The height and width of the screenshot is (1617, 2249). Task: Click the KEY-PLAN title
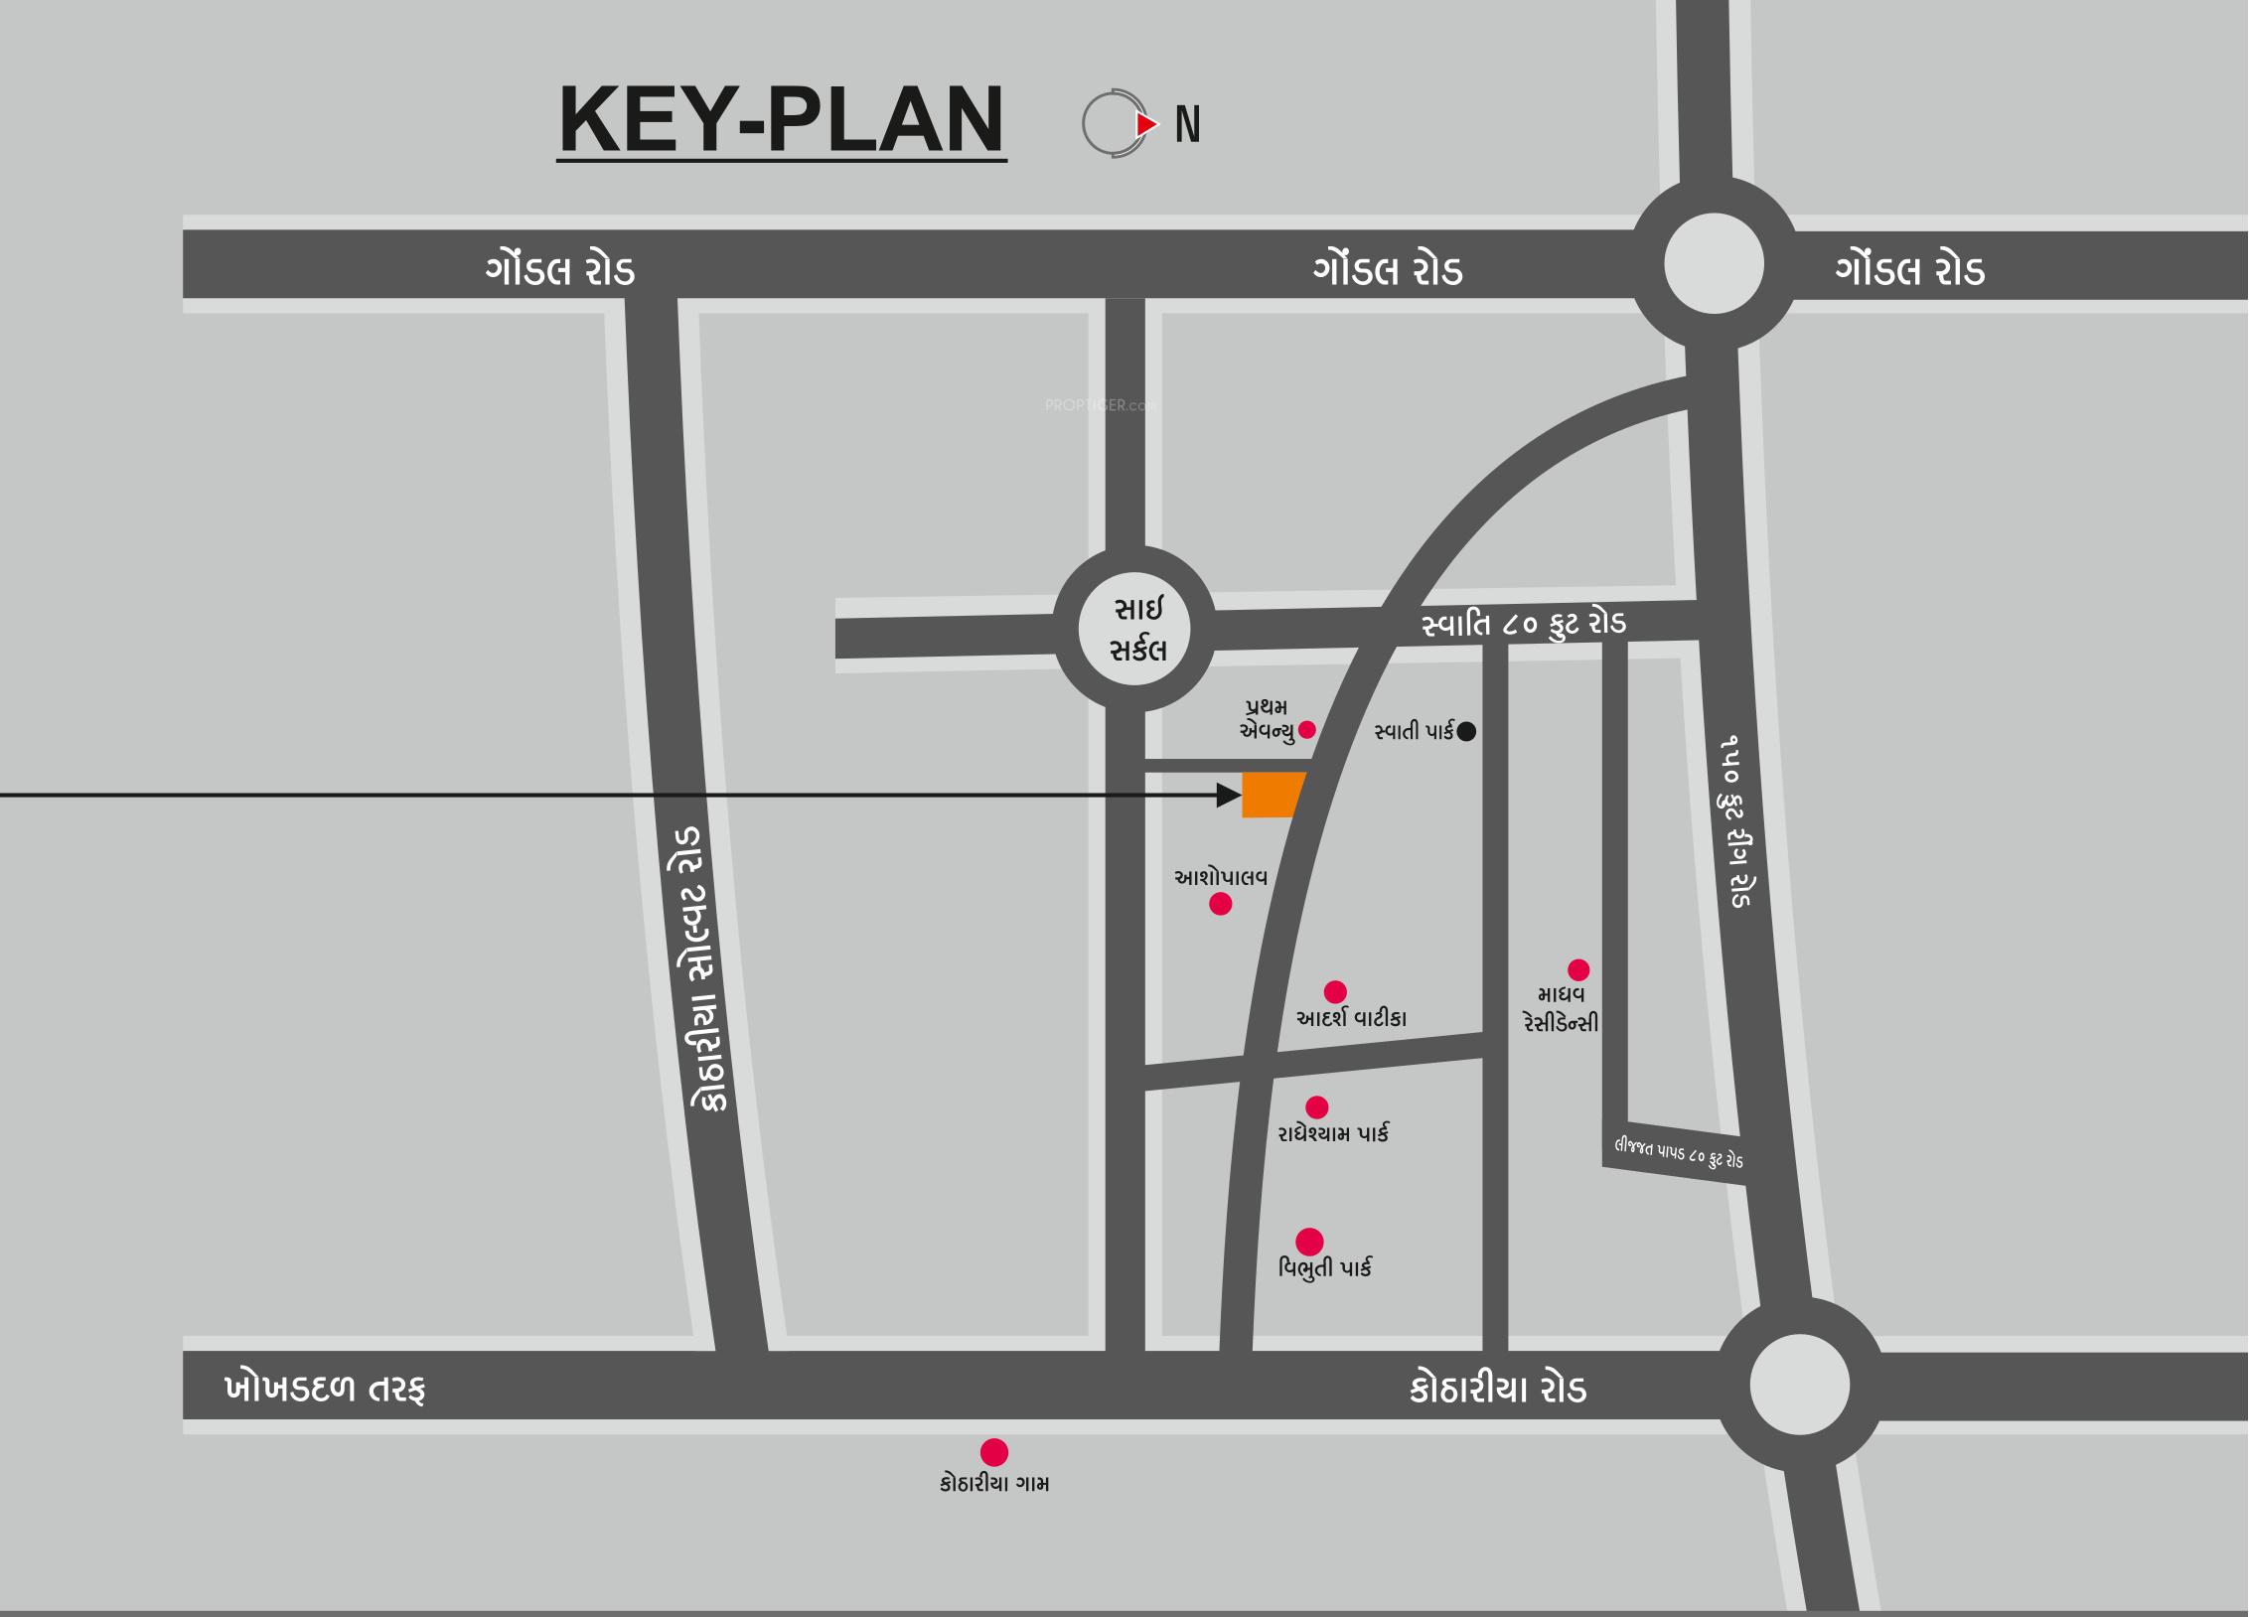[x=782, y=120]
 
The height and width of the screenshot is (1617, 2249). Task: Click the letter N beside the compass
[x=1188, y=125]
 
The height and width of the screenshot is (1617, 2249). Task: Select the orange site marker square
[x=1272, y=795]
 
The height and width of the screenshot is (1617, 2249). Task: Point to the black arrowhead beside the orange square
[x=1229, y=795]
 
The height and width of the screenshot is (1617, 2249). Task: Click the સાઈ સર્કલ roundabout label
[x=1136, y=629]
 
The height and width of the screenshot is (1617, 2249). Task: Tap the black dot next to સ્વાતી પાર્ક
[x=1466, y=732]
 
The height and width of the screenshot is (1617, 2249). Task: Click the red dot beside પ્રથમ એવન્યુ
[x=1307, y=730]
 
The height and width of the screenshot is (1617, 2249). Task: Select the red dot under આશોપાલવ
[x=1221, y=904]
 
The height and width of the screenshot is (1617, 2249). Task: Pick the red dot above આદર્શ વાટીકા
[x=1335, y=991]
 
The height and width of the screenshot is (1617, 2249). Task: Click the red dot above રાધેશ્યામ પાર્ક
[x=1317, y=1106]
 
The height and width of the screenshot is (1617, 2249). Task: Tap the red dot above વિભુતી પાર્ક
[x=1309, y=1242]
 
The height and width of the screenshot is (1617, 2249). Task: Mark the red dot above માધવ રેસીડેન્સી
[x=1578, y=969]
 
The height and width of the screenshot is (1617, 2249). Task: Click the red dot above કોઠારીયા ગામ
[x=994, y=1452]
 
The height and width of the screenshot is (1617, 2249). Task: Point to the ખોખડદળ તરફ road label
[x=325, y=1388]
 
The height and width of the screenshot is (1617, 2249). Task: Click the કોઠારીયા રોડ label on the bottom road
[x=1498, y=1389]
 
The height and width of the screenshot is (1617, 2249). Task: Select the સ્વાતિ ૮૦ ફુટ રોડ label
[x=1523, y=625]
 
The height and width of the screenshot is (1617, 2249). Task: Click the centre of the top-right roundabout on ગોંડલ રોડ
[x=1714, y=265]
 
